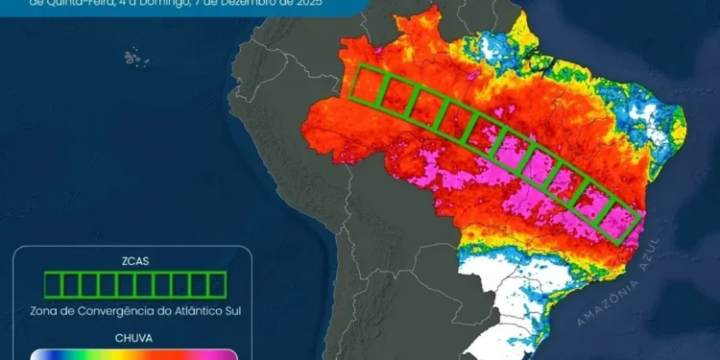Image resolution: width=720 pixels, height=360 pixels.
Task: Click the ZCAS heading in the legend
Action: pyautogui.click(x=135, y=260)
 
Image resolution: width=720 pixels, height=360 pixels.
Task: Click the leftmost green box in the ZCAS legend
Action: pyautogui.click(x=53, y=284)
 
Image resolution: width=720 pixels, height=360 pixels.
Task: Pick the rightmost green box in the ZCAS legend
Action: pyautogui.click(x=217, y=284)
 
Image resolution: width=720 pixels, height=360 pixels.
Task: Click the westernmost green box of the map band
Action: pyautogui.click(x=364, y=84)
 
